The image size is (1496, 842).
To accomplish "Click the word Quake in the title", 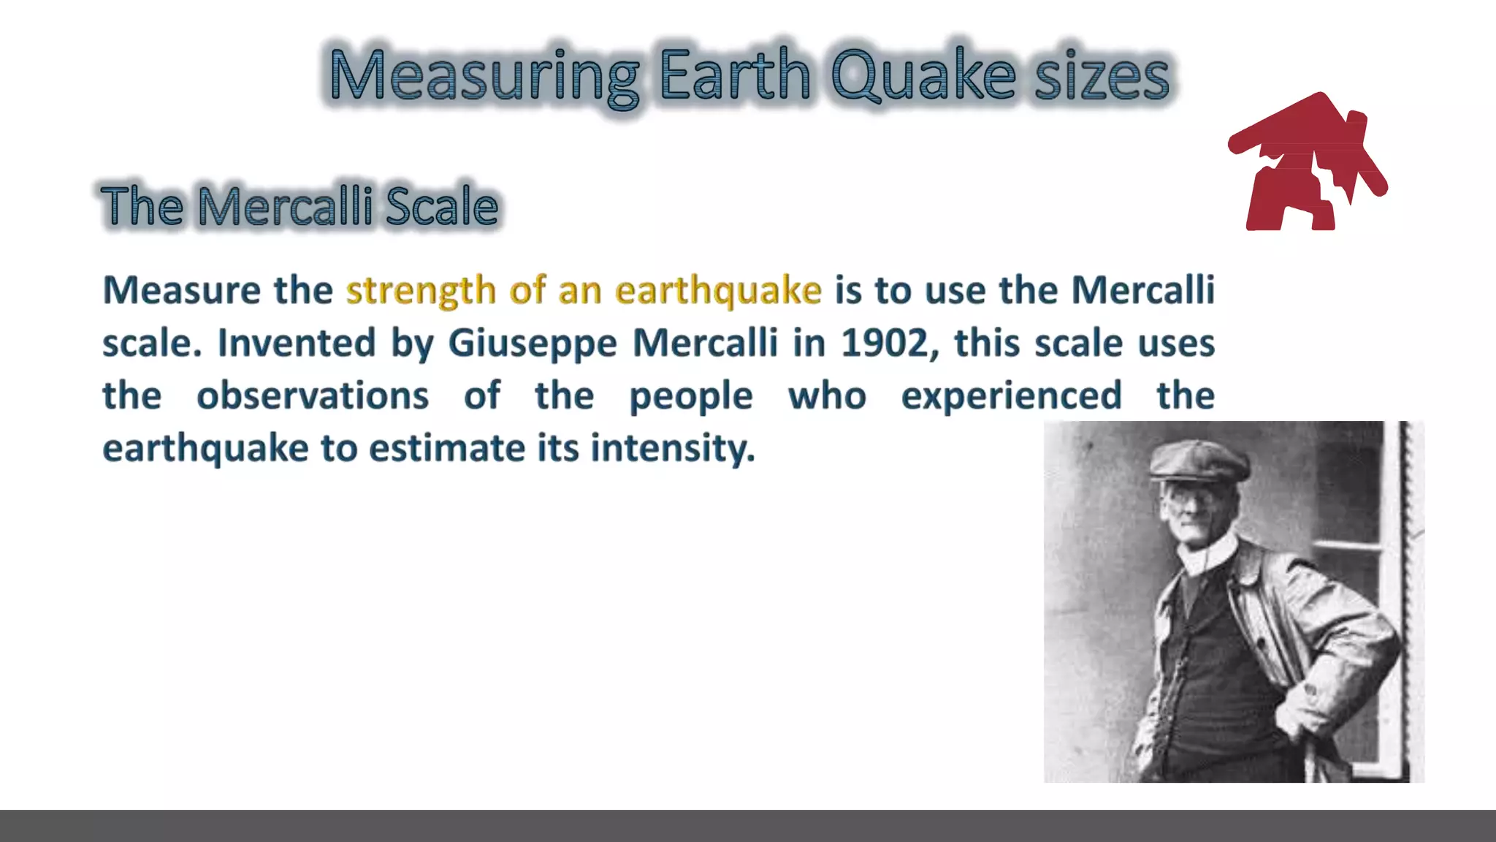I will click(x=924, y=75).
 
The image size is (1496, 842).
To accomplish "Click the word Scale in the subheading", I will click(x=442, y=206).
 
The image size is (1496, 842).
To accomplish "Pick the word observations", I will click(x=313, y=395).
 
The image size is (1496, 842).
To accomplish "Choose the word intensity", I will click(x=672, y=448).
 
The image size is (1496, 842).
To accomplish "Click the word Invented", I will click(x=297, y=343).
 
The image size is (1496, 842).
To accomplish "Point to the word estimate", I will click(x=446, y=448).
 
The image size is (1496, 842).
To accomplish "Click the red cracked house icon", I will click(x=1308, y=164).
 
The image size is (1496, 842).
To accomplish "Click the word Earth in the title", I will click(x=735, y=75).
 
